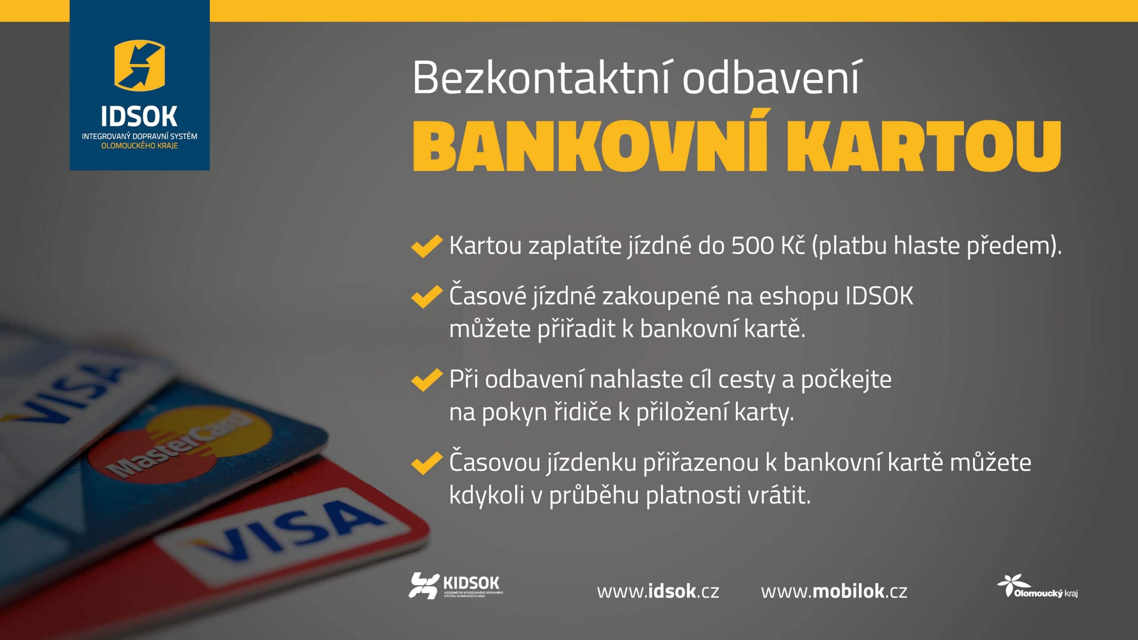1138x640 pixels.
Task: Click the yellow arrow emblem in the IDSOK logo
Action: click(x=140, y=65)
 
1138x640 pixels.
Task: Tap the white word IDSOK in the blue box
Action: click(x=139, y=116)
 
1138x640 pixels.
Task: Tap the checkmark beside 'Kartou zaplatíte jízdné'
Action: click(x=427, y=246)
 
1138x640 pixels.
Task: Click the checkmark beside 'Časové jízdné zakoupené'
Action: click(x=427, y=297)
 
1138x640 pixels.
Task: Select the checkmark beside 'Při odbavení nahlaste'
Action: click(x=427, y=380)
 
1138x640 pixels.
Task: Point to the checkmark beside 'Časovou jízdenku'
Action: click(x=427, y=463)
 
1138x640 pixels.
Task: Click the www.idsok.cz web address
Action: click(x=658, y=592)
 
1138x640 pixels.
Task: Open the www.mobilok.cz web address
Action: click(x=834, y=592)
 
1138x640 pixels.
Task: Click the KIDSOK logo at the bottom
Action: click(x=456, y=585)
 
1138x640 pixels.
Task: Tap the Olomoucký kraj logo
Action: click(x=1037, y=586)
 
